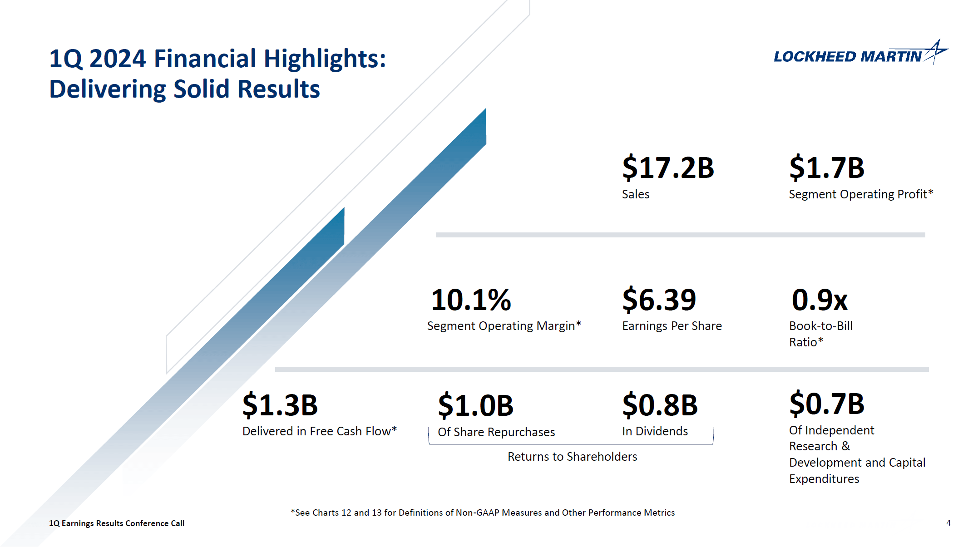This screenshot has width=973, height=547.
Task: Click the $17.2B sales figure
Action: [667, 168]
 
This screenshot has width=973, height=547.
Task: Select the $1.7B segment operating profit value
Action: [826, 168]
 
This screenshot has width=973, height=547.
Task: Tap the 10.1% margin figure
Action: [471, 300]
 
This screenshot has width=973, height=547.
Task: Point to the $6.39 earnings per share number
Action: [659, 300]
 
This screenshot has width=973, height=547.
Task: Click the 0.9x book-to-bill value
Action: [819, 300]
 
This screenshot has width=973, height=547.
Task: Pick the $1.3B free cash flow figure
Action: [280, 405]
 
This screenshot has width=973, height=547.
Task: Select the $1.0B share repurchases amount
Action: [475, 405]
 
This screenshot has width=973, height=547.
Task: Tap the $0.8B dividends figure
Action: [660, 405]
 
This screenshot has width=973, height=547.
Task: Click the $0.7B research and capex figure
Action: [826, 404]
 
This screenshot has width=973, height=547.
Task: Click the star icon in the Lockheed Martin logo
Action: [935, 51]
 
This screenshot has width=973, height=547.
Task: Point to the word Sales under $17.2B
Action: [635, 194]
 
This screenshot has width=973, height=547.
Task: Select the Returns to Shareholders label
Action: [572, 457]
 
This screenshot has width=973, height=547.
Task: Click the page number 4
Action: [948, 523]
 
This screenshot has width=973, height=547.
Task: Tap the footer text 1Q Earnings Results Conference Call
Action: [117, 523]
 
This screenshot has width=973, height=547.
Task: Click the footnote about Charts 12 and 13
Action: [483, 513]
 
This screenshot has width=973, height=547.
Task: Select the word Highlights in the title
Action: [324, 59]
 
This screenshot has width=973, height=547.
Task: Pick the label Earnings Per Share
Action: [672, 326]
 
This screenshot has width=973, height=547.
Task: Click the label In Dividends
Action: [655, 431]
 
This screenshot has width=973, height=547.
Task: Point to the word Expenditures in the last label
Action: [824, 479]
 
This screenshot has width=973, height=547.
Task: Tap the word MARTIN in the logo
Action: [890, 57]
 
